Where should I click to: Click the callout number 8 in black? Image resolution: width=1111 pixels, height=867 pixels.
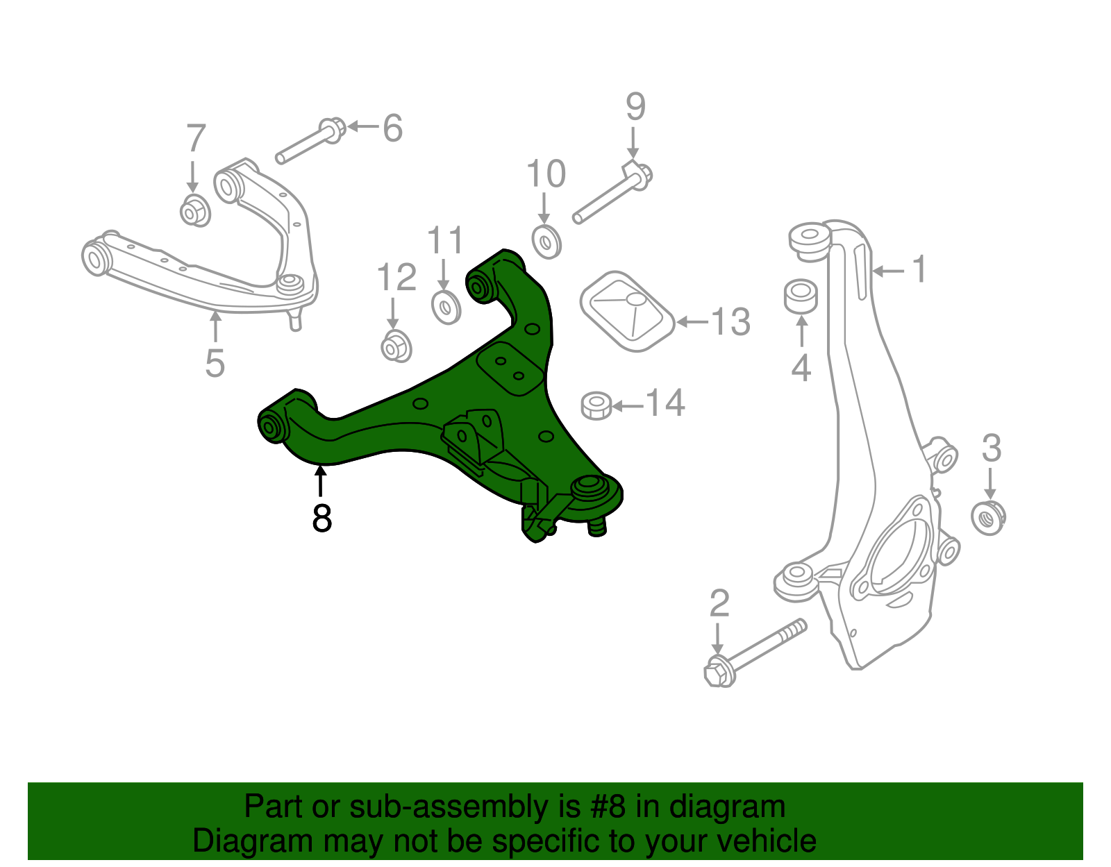pyautogui.click(x=321, y=518)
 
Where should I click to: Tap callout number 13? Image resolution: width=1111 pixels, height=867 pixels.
pyautogui.click(x=730, y=322)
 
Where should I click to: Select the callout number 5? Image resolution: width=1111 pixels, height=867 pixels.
pyautogui.click(x=215, y=362)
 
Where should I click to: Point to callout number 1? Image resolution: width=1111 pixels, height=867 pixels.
pyautogui.click(x=919, y=269)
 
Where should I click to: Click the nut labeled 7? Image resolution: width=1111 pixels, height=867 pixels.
pyautogui.click(x=194, y=211)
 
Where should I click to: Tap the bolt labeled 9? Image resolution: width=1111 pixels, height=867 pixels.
pyautogui.click(x=612, y=194)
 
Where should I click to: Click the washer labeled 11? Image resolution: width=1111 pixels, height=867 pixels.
pyautogui.click(x=445, y=307)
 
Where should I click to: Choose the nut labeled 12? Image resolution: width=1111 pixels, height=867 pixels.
pyautogui.click(x=396, y=346)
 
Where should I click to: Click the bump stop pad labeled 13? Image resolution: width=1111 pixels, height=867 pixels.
pyautogui.click(x=627, y=311)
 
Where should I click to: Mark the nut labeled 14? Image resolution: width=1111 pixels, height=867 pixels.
pyautogui.click(x=596, y=405)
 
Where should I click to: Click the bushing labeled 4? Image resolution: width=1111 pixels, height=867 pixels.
pyautogui.click(x=801, y=296)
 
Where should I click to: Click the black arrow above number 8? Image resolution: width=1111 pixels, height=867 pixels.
pyautogui.click(x=320, y=481)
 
